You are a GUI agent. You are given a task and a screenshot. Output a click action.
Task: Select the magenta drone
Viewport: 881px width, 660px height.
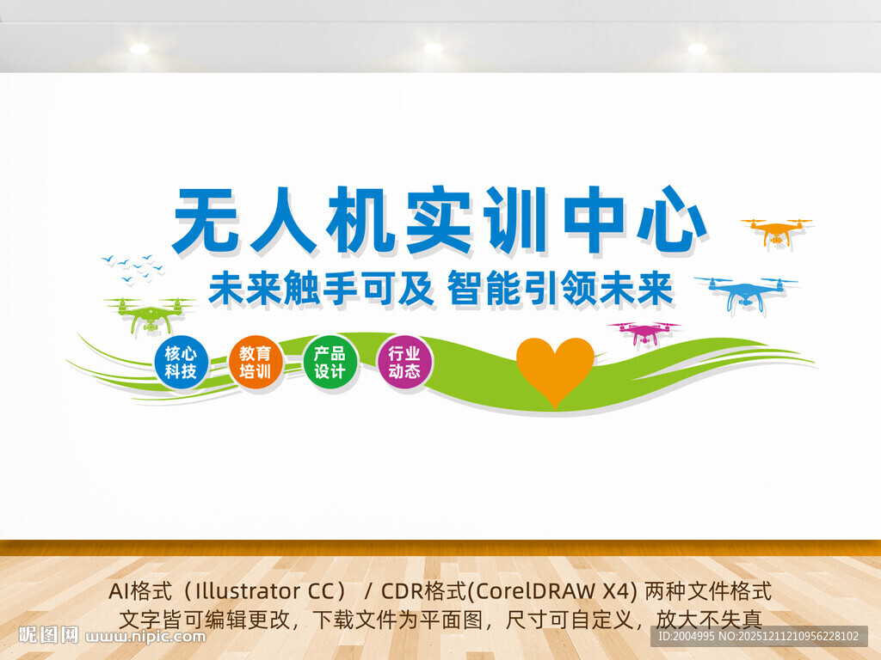644,333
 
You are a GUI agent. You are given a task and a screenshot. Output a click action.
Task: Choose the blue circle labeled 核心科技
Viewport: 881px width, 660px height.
182,362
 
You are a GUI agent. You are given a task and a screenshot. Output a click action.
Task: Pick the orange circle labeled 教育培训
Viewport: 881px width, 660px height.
256,362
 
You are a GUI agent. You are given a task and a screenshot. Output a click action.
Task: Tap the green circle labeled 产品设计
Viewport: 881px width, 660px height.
330,362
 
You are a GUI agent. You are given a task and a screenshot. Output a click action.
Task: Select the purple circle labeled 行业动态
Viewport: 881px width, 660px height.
404,362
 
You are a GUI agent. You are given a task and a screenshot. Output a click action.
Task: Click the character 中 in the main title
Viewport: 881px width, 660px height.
593,220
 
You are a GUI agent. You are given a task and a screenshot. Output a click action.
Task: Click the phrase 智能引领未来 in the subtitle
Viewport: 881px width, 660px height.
560,290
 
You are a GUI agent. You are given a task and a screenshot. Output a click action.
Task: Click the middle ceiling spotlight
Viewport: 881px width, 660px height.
433,48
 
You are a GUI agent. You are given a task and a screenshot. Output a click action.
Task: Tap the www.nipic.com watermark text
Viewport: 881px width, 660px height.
147,637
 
